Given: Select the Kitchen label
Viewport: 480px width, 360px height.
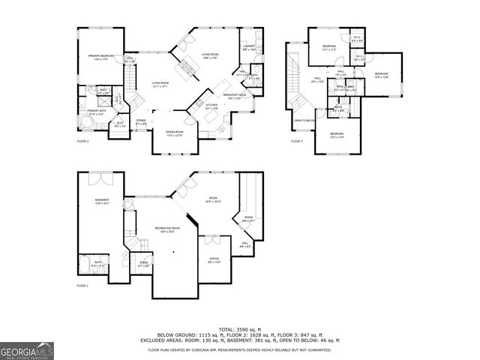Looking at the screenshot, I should tap(211, 106).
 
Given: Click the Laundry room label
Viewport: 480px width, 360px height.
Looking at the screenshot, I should tap(249, 48).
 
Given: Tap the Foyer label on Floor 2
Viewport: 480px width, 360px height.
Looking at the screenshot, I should tap(141, 122).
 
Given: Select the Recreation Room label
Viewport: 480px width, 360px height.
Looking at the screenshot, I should tap(167, 229).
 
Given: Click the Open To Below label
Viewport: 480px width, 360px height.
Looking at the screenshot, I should tap(303, 120).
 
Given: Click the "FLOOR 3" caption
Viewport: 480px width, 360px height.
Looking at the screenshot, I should tap(297, 141).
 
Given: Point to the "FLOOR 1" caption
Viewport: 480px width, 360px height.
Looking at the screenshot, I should tap(82, 286).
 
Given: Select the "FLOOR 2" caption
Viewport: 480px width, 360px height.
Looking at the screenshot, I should tap(82, 141).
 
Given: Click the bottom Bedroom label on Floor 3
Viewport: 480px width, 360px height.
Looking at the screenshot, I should tap(337, 135).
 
